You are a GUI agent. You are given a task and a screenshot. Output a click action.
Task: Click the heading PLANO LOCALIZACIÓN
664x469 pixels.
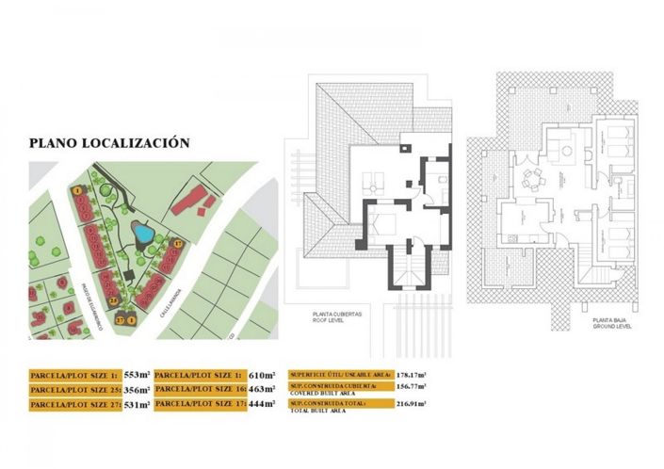point(109,143)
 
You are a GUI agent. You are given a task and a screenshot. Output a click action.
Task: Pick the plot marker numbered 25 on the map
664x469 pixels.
point(111,300)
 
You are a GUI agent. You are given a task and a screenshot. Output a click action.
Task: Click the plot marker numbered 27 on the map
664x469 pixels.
point(121,319)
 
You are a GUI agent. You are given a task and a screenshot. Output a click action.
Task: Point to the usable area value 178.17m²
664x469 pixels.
point(407,374)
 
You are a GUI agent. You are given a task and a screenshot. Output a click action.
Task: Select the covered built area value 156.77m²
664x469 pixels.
point(407,387)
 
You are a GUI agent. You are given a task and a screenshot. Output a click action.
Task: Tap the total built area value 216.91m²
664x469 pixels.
point(407,405)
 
